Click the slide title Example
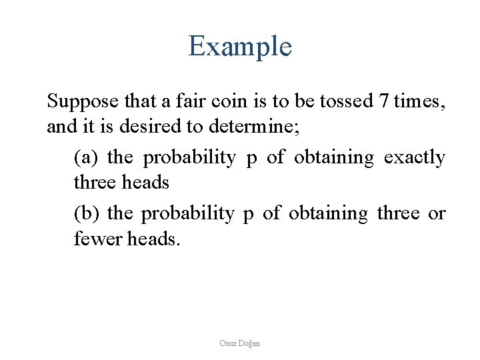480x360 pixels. click(x=240, y=47)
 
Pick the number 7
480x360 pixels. click(x=383, y=102)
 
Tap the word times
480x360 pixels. click(x=419, y=102)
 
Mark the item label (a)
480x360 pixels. click(x=85, y=158)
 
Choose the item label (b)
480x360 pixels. click(x=85, y=214)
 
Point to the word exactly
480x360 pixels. click(x=415, y=158)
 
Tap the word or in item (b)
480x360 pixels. click(x=437, y=214)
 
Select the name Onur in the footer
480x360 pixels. click(x=228, y=343)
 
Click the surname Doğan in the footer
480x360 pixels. click(x=249, y=343)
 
